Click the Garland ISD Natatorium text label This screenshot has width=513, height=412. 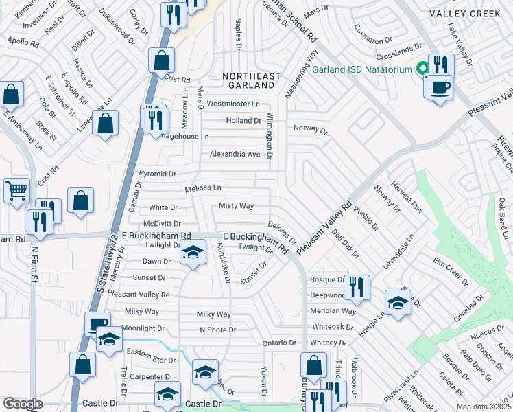click(x=359, y=69)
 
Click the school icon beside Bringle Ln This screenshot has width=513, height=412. click(x=398, y=303)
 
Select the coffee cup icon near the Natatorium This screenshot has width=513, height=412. click(x=438, y=87)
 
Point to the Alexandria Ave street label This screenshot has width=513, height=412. click(x=235, y=154)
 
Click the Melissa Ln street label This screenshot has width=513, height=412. click(x=203, y=188)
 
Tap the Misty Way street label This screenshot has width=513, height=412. click(x=236, y=206)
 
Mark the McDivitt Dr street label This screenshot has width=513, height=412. click(x=162, y=224)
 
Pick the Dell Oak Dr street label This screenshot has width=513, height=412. click(x=345, y=244)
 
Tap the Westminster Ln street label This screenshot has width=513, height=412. click(x=233, y=104)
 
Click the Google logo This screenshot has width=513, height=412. click(x=23, y=404)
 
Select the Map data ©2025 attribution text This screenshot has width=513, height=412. click(x=484, y=407)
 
